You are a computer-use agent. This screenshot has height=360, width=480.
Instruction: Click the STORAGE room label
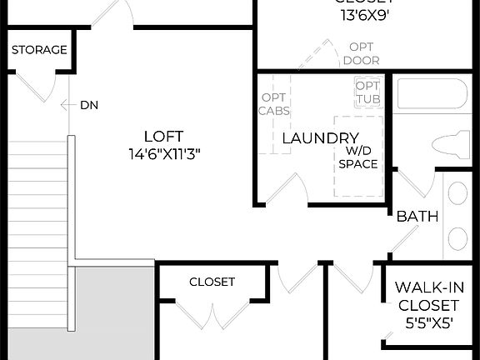click(x=39, y=50)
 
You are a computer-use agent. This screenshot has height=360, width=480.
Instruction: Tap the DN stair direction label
click(x=89, y=105)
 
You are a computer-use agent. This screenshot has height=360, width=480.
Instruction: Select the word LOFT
click(x=163, y=136)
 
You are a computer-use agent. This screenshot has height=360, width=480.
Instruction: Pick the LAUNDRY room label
click(x=320, y=138)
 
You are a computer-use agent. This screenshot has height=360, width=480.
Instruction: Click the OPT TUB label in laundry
click(x=367, y=92)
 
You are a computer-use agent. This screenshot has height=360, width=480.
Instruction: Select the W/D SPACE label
click(x=358, y=157)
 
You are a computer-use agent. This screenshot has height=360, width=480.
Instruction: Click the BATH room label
click(x=417, y=217)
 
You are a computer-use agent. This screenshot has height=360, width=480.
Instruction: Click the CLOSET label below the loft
click(x=212, y=282)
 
